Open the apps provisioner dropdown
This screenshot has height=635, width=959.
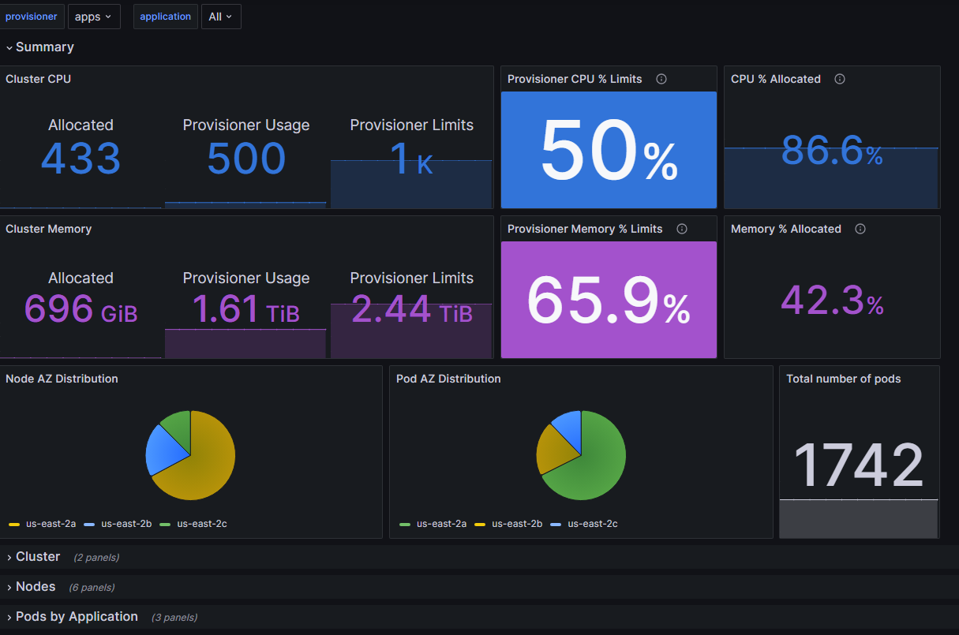(94, 17)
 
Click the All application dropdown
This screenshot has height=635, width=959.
(221, 17)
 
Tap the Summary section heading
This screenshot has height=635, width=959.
(44, 47)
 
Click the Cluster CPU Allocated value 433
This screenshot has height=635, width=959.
(81, 159)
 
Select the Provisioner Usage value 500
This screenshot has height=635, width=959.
(246, 159)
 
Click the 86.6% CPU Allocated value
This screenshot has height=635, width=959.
(832, 151)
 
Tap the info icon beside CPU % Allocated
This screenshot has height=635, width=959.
(840, 79)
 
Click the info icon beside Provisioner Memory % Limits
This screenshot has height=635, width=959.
(682, 229)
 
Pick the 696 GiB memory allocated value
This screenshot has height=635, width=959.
(81, 308)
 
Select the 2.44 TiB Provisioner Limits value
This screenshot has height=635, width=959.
(411, 308)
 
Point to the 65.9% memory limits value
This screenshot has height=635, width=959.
(609, 301)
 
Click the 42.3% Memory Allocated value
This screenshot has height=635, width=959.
(832, 301)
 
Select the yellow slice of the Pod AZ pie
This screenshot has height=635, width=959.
(551, 450)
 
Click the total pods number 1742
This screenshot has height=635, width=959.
(859, 465)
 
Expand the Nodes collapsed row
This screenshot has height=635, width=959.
(36, 587)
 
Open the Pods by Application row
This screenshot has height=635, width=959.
(77, 617)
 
